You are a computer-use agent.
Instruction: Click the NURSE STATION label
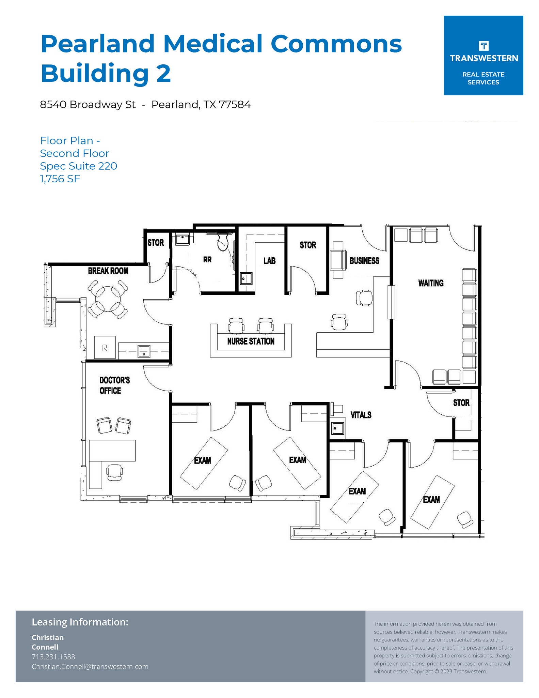[x=251, y=341]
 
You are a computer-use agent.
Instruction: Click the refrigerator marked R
[x=105, y=347]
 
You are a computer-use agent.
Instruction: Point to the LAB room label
[x=269, y=261]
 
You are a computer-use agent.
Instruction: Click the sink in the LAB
[x=245, y=278]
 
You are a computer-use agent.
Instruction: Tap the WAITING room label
[x=431, y=283]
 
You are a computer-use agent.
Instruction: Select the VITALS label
[x=361, y=415]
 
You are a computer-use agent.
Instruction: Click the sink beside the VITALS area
[x=338, y=428]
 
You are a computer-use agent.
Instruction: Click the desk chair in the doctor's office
[x=114, y=472]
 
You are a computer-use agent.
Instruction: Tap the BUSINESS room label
[x=364, y=261]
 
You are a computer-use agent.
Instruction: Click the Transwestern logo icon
[x=483, y=46]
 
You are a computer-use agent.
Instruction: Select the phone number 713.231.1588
[x=53, y=656]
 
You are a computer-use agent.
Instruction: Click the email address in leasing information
[x=90, y=666]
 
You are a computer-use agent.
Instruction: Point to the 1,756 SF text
[x=60, y=179]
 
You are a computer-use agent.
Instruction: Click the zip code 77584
[x=235, y=105]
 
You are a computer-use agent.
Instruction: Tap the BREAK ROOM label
[x=108, y=271]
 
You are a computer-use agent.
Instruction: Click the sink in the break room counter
[x=144, y=351]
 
